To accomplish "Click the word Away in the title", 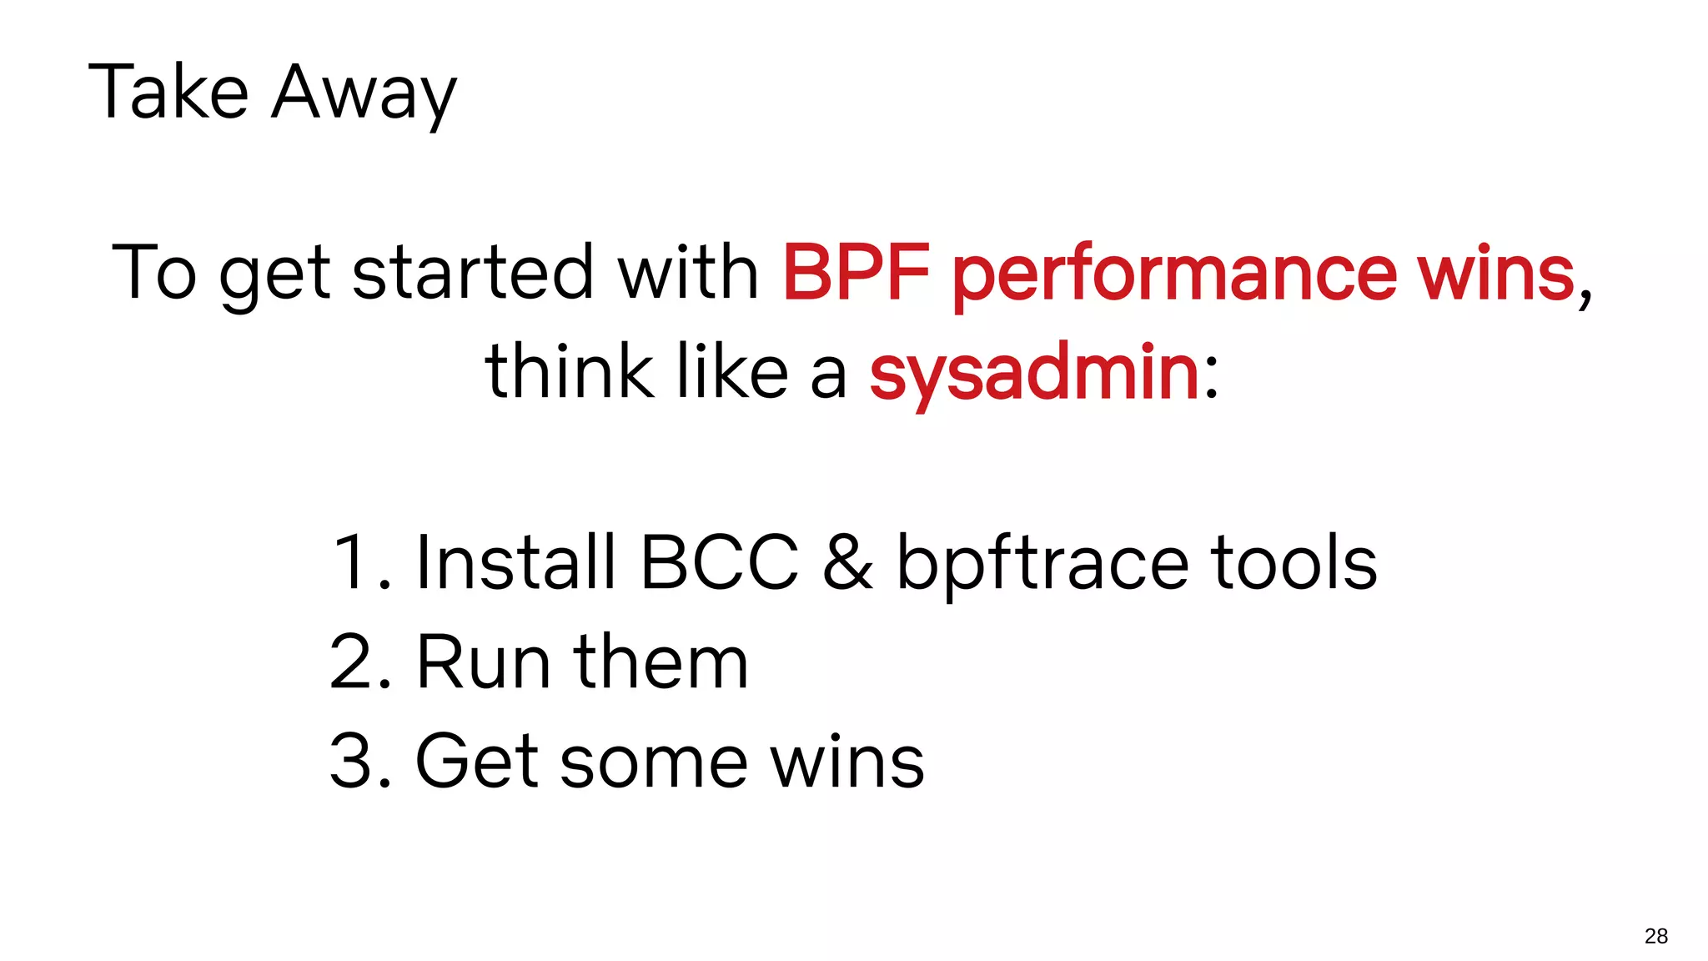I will (x=364, y=93).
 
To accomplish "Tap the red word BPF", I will (x=856, y=272).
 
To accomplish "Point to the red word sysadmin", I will (x=1034, y=374).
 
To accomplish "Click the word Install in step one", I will (x=515, y=562).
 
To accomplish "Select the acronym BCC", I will (x=719, y=562).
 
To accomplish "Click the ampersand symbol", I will (x=847, y=562).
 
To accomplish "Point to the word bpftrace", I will (x=1042, y=564).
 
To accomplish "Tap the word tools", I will (x=1294, y=562).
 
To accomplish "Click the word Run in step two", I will (x=484, y=662).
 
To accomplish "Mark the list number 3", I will (x=350, y=761).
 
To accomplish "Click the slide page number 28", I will (x=1655, y=936).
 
